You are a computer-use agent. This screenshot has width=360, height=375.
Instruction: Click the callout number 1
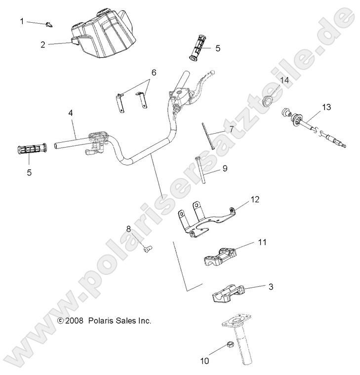coord(22,21)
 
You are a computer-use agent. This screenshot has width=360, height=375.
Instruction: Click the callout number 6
coord(154,73)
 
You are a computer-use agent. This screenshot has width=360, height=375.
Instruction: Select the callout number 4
coord(71,113)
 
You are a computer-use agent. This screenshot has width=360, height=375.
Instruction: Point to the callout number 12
coord(254,199)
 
